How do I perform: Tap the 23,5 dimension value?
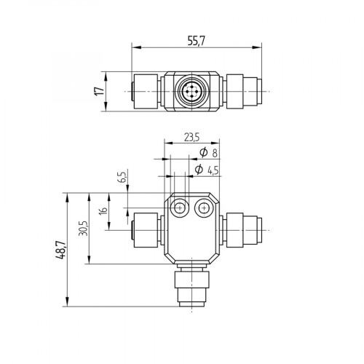click(191, 137)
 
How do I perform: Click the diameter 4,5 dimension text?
click(208, 170)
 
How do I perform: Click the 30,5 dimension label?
click(84, 229)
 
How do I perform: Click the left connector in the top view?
click(144, 92)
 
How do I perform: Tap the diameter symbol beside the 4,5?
click(199, 170)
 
